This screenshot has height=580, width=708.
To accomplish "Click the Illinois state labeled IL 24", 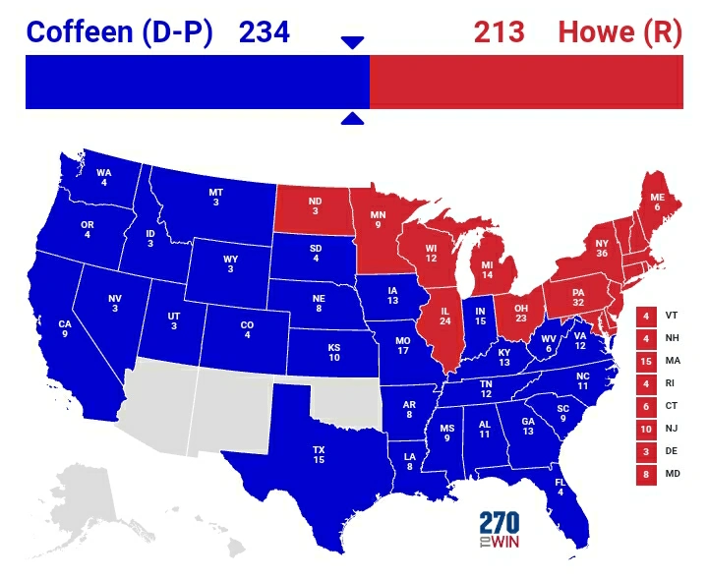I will (443, 324).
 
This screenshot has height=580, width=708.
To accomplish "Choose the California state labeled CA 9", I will (65, 329).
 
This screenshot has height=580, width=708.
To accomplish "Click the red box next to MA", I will (646, 362).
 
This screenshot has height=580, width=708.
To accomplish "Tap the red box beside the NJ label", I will (646, 430).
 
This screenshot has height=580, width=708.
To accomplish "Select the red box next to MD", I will (646, 475).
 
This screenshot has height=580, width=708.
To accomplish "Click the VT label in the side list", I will (672, 317).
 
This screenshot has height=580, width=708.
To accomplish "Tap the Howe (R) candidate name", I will (619, 31).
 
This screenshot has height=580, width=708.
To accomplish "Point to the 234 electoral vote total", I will (264, 31).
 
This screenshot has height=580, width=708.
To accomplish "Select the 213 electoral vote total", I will (500, 31).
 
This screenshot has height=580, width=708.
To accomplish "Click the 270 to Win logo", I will (500, 531).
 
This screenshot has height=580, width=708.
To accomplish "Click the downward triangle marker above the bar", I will (352, 42).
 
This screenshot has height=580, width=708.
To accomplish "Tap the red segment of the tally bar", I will (526, 82).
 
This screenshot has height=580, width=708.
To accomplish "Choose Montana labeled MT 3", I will (215, 197).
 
